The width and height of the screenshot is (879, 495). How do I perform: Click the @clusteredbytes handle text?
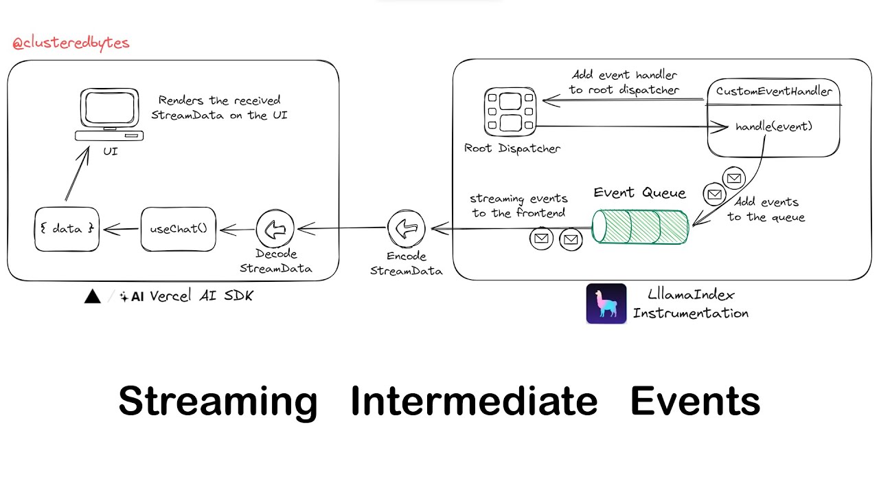click(71, 43)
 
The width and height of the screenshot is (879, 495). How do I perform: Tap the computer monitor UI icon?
click(110, 115)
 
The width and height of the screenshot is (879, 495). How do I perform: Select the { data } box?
click(67, 229)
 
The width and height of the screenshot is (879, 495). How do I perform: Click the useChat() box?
click(178, 229)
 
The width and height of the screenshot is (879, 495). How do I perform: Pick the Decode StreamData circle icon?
click(275, 230)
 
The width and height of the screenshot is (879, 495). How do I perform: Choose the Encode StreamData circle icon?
click(406, 229)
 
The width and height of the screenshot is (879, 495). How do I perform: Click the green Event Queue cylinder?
click(640, 226)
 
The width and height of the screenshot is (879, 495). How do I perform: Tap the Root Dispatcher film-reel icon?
click(510, 112)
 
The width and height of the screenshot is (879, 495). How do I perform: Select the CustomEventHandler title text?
click(773, 91)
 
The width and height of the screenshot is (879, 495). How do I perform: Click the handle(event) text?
click(773, 127)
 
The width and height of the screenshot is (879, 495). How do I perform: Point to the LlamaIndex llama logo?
click(606, 303)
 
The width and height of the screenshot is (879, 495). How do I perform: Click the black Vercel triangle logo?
click(92, 297)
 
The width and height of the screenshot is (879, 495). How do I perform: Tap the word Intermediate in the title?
click(473, 400)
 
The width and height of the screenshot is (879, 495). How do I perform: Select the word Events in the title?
click(694, 400)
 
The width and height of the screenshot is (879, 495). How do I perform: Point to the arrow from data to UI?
click(78, 175)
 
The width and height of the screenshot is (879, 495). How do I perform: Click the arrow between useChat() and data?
click(120, 229)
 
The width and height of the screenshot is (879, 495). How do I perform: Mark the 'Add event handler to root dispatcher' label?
click(624, 82)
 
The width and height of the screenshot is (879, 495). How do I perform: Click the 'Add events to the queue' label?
click(765, 209)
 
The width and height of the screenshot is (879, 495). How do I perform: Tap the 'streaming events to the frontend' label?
click(518, 206)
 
